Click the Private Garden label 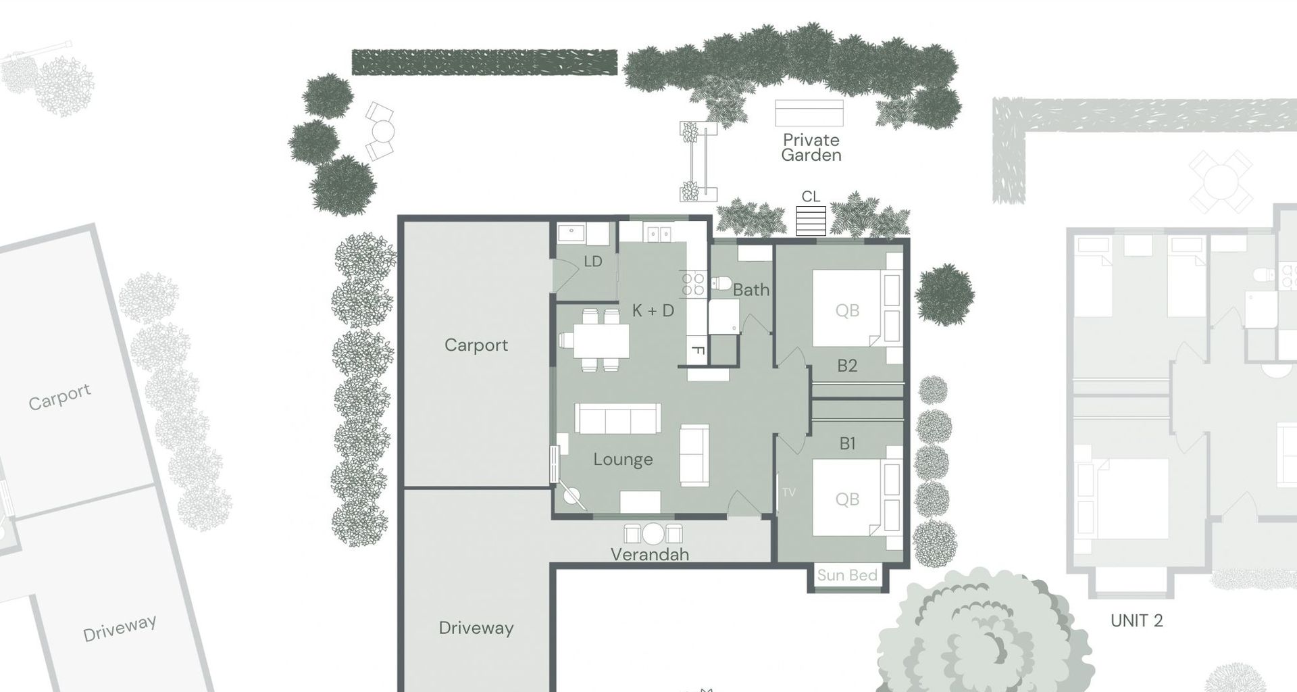point(811,147)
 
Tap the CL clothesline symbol point(811,220)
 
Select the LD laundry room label point(592,262)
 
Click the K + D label point(653,311)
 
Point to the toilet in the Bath point(720,282)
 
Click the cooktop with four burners point(692,284)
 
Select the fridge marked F point(697,351)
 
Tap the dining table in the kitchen point(601,341)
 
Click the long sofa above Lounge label point(617,418)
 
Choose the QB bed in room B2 point(847,309)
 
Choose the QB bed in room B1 point(847,499)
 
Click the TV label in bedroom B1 point(788,492)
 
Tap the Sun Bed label point(847,576)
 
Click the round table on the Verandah point(653,534)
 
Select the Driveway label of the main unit point(476,628)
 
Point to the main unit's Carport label point(476,345)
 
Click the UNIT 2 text point(1137,620)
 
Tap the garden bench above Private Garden point(809,113)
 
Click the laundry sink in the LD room point(571,233)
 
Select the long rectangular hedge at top point(484,62)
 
